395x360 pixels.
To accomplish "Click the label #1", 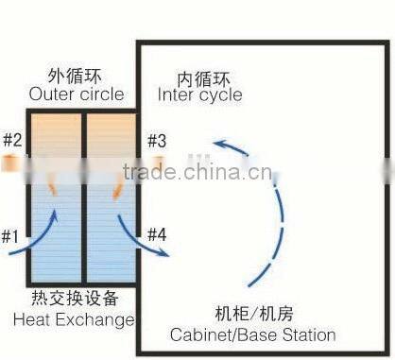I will pyautogui.click(x=11, y=235).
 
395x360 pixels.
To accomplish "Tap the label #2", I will pyautogui.click(x=11, y=141).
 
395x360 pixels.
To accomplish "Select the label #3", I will pyautogui.click(x=157, y=141).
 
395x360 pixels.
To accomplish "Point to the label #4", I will pyautogui.click(x=157, y=234).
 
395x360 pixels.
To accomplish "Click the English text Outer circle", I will pyautogui.click(x=77, y=94).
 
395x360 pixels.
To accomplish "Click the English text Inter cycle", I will pyautogui.click(x=199, y=94).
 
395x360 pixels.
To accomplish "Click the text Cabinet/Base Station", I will pyautogui.click(x=252, y=334).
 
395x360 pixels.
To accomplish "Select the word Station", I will pyautogui.click(x=307, y=334).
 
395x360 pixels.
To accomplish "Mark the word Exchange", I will pyautogui.click(x=100, y=319).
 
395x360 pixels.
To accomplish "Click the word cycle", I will pyautogui.click(x=220, y=94).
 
